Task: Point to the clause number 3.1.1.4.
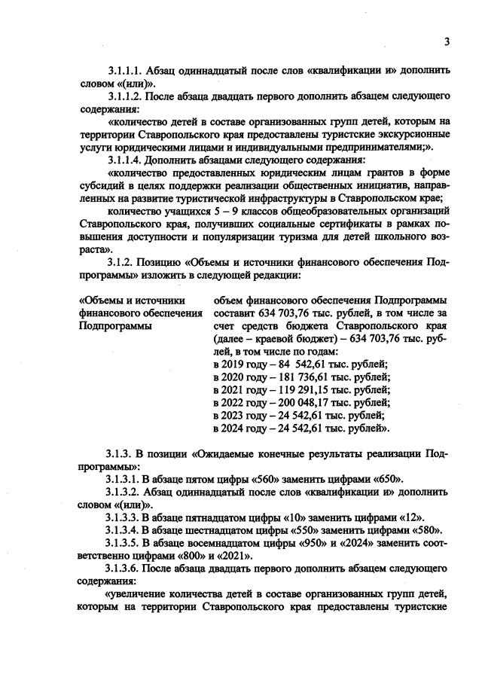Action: [127, 160]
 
